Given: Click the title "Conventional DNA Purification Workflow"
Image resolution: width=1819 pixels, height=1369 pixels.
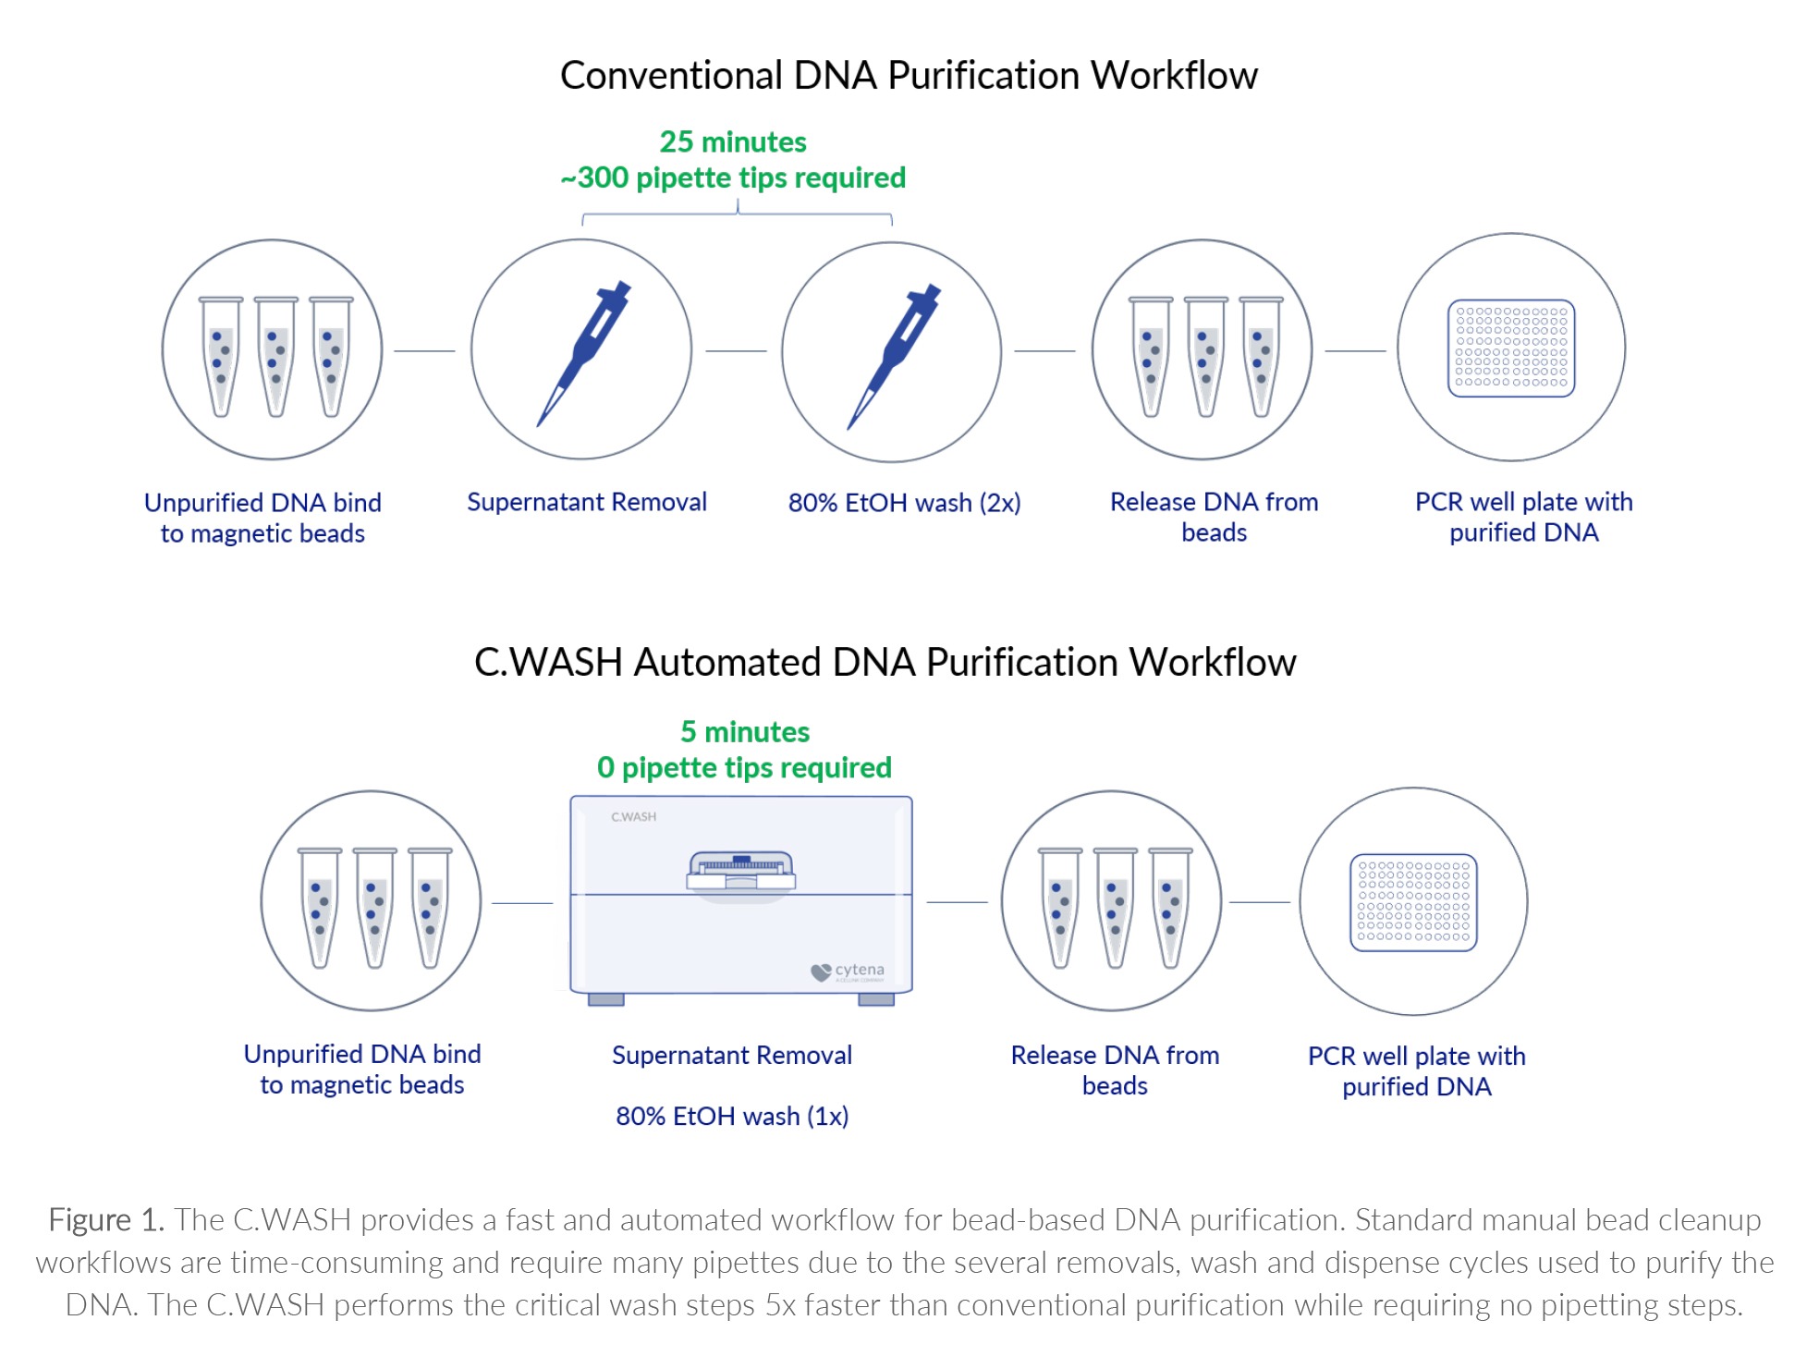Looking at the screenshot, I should click(909, 75).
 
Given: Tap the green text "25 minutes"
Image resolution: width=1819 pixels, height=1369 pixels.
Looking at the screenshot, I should click(733, 141).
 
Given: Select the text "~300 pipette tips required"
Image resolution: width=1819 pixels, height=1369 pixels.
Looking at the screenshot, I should click(733, 177).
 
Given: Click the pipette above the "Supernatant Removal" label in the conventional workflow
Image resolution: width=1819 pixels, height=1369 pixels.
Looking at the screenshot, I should click(584, 353).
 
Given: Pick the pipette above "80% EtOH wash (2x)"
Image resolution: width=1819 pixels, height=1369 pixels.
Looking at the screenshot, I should click(894, 356).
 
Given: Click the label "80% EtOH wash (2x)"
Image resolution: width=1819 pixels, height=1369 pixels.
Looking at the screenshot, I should click(904, 503).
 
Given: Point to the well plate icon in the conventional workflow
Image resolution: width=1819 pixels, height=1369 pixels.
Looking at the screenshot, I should click(1511, 348).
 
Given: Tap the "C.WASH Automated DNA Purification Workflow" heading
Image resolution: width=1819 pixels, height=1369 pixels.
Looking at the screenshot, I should click(885, 662).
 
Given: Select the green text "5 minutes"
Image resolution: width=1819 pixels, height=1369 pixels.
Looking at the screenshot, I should click(745, 732).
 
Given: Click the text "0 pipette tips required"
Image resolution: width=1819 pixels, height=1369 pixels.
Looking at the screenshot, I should click(744, 767).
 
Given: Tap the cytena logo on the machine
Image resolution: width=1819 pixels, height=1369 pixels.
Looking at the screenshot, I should click(848, 972).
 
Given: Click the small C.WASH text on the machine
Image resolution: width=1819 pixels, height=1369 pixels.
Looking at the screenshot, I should click(633, 817).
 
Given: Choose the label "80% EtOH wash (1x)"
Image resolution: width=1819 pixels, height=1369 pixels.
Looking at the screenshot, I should click(732, 1117).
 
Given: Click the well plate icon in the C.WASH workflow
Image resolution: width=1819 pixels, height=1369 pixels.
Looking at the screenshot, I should click(1413, 902).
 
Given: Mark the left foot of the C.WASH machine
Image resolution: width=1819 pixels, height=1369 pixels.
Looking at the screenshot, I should click(606, 999).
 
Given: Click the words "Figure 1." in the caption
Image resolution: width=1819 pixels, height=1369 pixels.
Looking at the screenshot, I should click(106, 1220).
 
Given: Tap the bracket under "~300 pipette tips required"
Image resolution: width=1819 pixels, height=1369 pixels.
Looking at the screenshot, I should click(737, 215).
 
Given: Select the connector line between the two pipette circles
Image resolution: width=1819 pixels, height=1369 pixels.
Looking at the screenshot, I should click(736, 351).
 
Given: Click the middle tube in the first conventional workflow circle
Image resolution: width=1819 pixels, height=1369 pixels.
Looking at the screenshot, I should click(275, 356).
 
